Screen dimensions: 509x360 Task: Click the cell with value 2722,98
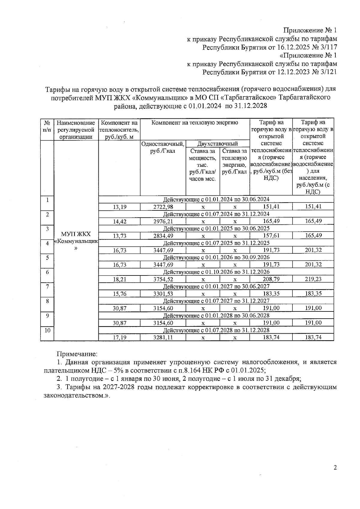(x=163, y=207)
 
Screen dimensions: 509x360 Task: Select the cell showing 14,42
(x=119, y=221)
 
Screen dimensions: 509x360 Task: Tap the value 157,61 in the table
(x=271, y=236)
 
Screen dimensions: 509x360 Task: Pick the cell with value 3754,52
(x=163, y=279)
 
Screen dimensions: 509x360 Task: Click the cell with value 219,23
(x=313, y=279)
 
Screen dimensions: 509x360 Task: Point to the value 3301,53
(x=163, y=294)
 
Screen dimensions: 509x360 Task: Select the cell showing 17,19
(x=119, y=337)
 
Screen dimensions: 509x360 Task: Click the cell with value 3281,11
(x=163, y=337)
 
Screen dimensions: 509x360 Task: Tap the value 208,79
(x=271, y=279)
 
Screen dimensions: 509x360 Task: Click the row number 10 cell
(x=47, y=330)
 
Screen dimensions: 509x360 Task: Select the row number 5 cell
(x=47, y=257)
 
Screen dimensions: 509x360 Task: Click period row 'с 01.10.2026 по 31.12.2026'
(x=216, y=272)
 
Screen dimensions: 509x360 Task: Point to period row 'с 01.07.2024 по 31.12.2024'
(x=216, y=214)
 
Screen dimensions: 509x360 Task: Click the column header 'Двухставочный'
(x=217, y=144)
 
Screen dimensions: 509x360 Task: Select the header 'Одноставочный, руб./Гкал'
(x=163, y=147)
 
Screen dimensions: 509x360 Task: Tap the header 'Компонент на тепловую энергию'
(x=195, y=123)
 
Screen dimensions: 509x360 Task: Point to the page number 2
(x=335, y=468)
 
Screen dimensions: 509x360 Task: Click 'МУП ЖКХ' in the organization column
(x=76, y=234)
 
